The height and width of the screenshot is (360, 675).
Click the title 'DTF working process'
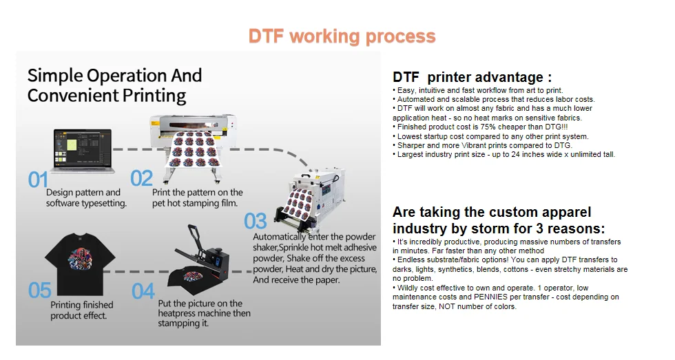click(342, 36)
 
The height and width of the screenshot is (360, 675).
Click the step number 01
click(37, 180)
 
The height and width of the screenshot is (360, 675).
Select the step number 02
click(141, 179)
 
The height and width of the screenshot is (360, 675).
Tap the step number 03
click(256, 221)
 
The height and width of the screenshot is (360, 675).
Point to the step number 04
click(143, 291)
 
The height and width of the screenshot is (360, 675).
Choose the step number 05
click(39, 290)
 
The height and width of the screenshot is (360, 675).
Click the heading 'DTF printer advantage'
click(472, 78)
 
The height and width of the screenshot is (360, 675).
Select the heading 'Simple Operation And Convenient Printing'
click(114, 85)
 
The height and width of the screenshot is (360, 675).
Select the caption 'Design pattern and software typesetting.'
click(86, 198)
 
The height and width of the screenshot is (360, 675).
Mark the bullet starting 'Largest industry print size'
click(506, 154)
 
